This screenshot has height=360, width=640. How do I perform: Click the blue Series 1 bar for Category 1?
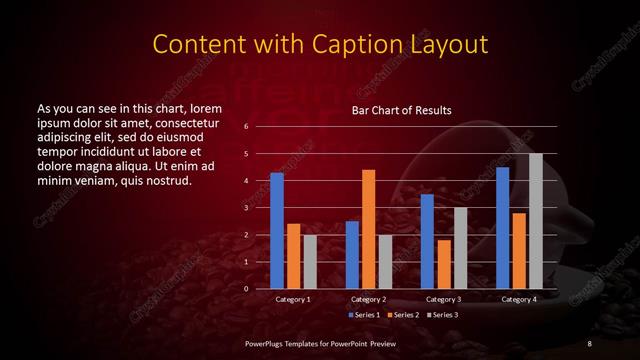click(277, 231)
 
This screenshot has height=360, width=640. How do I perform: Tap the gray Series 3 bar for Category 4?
click(536, 221)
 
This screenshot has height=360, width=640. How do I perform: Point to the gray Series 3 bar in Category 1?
click(310, 262)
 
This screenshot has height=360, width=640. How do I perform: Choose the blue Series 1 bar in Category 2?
click(352, 255)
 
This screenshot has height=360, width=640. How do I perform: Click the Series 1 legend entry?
click(364, 315)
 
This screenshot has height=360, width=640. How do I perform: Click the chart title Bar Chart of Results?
click(401, 110)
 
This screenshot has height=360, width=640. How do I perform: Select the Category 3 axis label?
click(444, 300)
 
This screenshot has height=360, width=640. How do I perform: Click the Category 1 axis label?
click(293, 300)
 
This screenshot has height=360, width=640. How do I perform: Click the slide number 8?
click(589, 343)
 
